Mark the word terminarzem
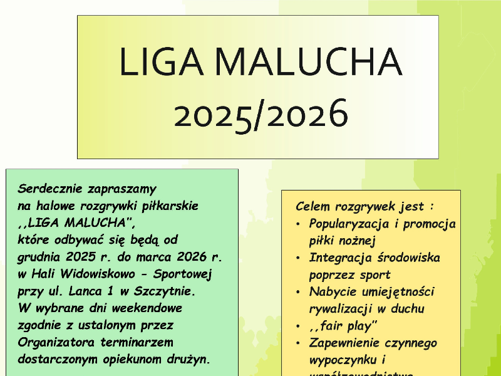pyautogui.click(x=136, y=342)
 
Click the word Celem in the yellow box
pyautogui.click(x=313, y=206)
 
